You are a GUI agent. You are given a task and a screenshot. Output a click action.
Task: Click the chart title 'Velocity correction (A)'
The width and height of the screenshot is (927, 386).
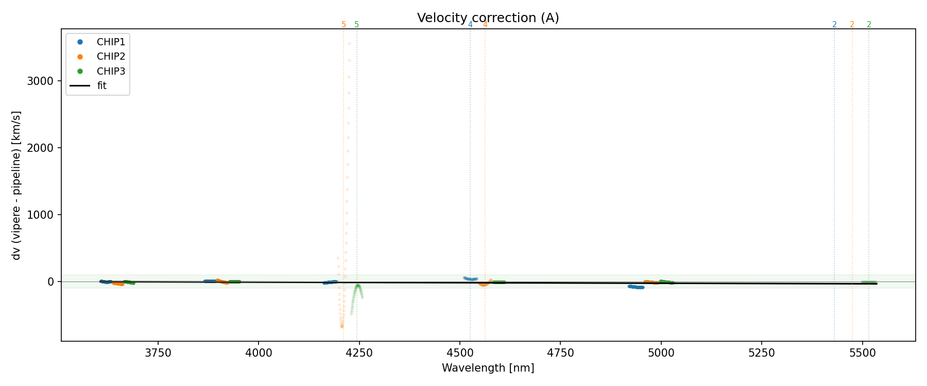[488, 18]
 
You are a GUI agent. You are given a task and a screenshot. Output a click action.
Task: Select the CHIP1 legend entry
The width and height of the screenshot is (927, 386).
[111, 42]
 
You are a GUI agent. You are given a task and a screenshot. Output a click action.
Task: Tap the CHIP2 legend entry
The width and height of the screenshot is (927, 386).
[111, 57]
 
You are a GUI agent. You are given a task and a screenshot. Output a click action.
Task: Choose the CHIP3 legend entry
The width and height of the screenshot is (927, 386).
[111, 72]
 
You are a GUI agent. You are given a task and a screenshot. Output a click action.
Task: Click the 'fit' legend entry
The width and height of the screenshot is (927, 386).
[101, 86]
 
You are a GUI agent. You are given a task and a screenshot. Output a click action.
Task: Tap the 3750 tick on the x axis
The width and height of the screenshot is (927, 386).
[158, 353]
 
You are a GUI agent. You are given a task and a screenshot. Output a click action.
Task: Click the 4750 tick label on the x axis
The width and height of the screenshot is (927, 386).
[560, 353]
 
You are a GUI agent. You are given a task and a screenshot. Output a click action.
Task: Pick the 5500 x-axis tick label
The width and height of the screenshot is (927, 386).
[862, 353]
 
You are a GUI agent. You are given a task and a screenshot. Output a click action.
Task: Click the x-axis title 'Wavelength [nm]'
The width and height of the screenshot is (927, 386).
[488, 368]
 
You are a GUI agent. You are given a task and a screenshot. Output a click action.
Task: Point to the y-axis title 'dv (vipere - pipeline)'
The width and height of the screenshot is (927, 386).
[16, 185]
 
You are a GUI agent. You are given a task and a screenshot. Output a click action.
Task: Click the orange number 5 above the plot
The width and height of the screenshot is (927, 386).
[344, 25]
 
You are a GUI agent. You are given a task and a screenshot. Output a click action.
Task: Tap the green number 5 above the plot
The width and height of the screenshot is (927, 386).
[356, 25]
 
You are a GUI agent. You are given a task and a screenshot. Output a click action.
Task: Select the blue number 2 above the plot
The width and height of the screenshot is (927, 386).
[834, 25]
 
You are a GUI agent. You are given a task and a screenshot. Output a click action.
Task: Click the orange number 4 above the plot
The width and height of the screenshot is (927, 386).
[485, 25]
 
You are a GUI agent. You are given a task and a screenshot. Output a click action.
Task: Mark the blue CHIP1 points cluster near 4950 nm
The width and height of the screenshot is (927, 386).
[636, 287]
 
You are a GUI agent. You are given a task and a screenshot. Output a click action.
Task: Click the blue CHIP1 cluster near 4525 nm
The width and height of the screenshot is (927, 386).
[470, 279]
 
